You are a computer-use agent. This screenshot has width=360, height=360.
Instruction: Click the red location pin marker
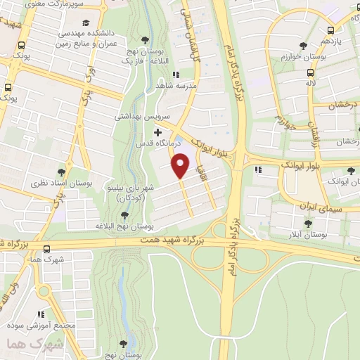[181, 165]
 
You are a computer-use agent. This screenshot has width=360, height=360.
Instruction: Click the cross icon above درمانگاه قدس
[157, 131]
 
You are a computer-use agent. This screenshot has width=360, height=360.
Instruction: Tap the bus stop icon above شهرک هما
[46, 248]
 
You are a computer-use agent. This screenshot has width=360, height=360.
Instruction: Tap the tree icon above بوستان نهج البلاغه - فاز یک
[145, 39]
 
